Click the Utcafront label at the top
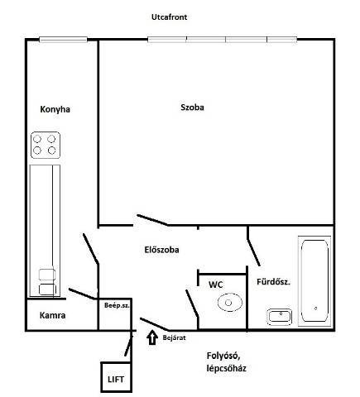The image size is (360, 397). point(169,17)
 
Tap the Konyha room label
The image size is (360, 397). point(55,109)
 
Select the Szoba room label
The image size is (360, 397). point(192,108)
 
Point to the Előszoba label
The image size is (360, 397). point(161,250)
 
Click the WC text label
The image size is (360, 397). point(216,285)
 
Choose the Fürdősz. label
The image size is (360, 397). point(273,282)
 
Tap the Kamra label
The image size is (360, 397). point(52,315)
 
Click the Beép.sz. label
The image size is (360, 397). point(117,305)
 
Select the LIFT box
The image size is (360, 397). point(116,377)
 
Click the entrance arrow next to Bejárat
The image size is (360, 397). point(151,337)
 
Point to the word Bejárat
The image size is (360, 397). point(174,337)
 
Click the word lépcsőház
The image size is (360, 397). point(226,368)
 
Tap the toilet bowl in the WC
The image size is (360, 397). point(230,303)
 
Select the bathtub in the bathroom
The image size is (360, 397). point(314,281)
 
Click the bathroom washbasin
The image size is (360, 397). point(280,317)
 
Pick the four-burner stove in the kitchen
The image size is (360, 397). point(46,145)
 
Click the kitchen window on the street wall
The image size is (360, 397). point(63,40)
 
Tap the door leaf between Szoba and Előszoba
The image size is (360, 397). point(153,220)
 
